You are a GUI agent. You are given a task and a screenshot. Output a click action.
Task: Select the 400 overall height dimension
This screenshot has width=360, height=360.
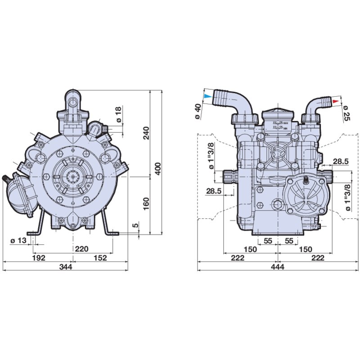coord(158,169)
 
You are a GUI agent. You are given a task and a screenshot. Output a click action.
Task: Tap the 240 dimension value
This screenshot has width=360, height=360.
coord(146,133)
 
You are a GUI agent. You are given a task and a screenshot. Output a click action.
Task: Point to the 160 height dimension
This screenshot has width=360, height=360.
coord(146,204)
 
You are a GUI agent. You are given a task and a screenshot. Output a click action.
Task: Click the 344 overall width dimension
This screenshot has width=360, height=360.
coord(66,266)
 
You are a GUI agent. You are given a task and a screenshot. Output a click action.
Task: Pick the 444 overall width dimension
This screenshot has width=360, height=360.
coord(278,266)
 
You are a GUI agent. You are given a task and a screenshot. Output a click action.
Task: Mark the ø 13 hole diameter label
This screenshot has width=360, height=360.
coord(18,241)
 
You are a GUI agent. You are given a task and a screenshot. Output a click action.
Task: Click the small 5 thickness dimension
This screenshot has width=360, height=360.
coord(135,226)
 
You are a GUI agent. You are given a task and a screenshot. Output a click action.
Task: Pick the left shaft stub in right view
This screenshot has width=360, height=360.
coord(229,176)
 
